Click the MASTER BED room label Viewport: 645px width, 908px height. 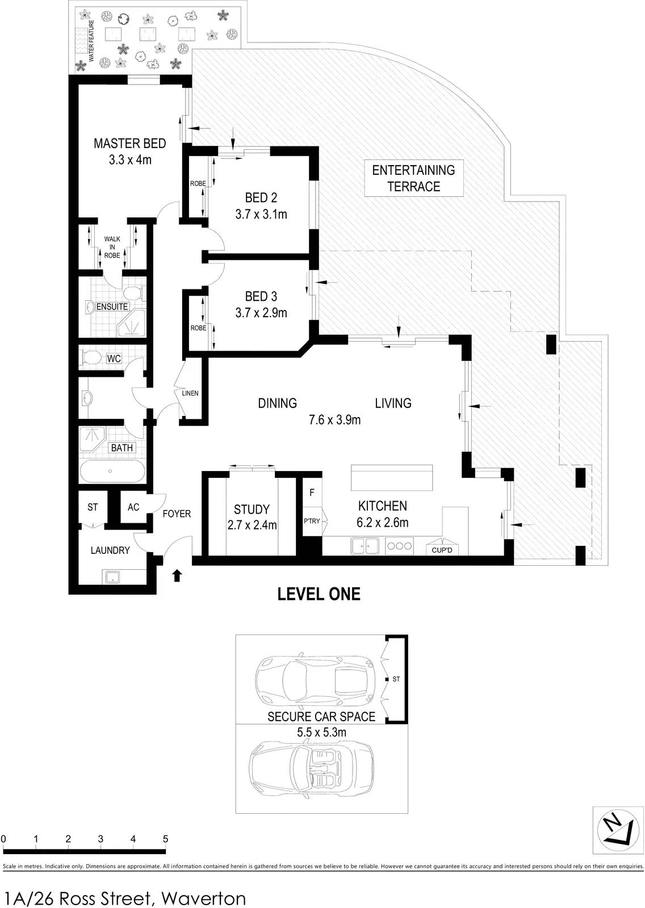130,144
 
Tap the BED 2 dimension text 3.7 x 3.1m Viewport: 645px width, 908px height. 261,214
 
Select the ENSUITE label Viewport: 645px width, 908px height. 112,307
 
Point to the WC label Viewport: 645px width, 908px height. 114,359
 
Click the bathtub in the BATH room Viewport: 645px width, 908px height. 112,471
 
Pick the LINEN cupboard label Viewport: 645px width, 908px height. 190,393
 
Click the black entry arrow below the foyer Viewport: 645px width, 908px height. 177,575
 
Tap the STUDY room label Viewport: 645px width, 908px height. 252,509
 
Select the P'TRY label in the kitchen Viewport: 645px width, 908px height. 312,522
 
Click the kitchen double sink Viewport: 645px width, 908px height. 365,545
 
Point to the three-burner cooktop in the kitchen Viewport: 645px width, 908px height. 400,545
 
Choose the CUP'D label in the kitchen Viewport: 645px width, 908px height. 442,550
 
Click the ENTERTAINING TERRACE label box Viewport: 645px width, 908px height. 414,178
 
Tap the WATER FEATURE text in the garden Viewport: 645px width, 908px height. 91,40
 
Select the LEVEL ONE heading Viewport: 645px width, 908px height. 319,594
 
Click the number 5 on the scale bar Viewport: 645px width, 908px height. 166,839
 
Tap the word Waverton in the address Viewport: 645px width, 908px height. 204,898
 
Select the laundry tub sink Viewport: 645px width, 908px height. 112,577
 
